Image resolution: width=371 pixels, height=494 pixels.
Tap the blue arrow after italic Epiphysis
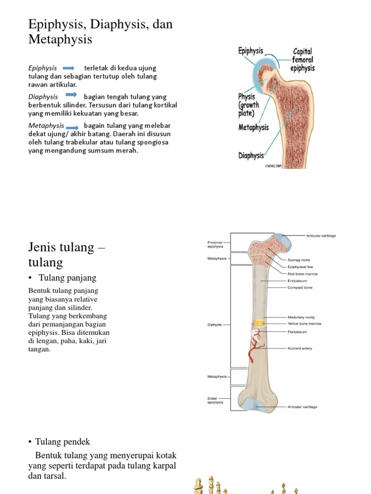[68, 68]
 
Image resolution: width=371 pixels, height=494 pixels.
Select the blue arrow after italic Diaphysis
[71, 95]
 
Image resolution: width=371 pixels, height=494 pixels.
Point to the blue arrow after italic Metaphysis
[73, 127]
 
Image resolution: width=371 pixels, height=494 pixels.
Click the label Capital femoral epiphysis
[302, 59]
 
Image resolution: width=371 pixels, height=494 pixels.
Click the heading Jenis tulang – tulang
[67, 254]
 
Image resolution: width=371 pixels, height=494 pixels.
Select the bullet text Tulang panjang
[69, 278]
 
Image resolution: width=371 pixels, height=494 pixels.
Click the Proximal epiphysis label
[215, 244]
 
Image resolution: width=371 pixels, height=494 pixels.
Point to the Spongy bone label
[299, 260]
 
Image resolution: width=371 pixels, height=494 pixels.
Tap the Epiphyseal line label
[300, 267]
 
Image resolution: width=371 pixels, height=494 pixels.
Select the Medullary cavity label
[301, 317]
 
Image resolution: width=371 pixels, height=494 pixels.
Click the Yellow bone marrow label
[304, 324]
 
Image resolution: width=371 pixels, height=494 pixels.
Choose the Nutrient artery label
[300, 348]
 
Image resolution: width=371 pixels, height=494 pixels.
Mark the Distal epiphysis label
[215, 400]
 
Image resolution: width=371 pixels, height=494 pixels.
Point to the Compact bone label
[300, 288]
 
